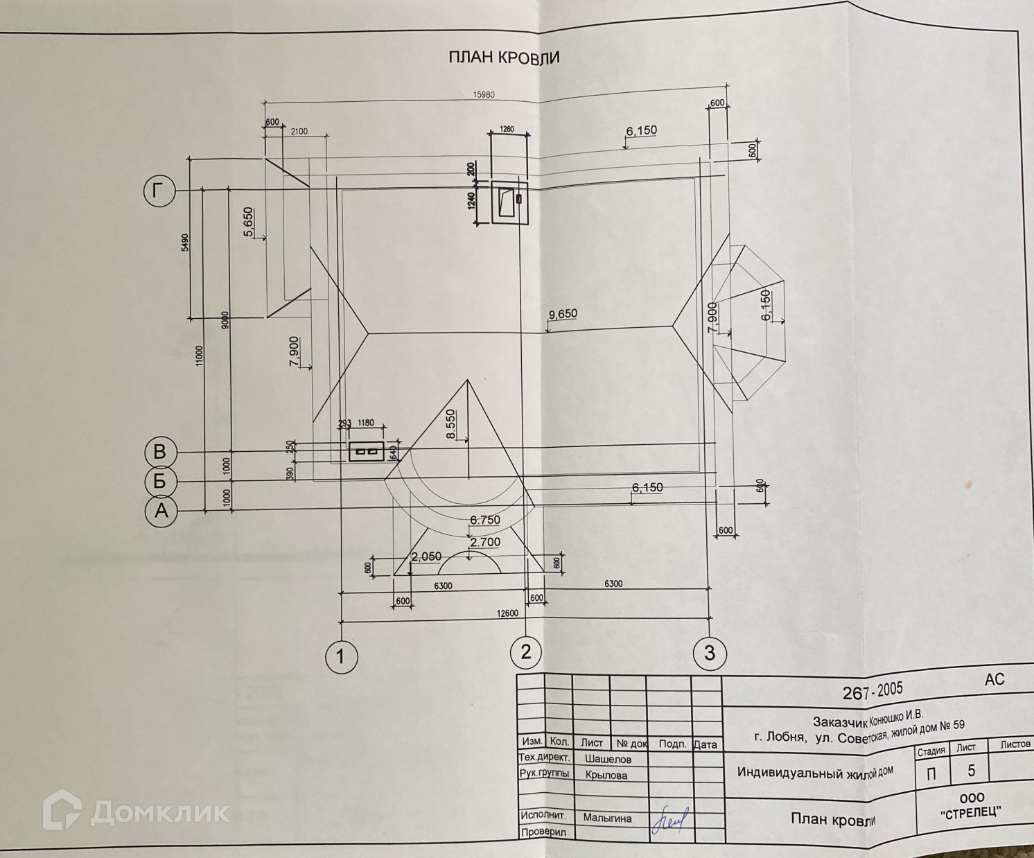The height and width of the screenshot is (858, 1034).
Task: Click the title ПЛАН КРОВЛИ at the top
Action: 504,58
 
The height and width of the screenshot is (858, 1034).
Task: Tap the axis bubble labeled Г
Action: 160,191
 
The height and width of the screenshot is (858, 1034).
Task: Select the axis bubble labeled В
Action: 160,452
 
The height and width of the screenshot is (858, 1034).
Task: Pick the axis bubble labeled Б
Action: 160,481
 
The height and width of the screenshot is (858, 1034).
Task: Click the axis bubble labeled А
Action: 161,511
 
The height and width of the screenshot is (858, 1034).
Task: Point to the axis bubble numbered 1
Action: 341,656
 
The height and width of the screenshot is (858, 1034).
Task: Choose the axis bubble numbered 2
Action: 526,652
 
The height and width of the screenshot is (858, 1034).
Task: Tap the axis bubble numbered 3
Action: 710,653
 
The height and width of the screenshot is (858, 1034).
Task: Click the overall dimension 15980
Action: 484,95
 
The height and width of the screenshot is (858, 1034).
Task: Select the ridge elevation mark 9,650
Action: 563,314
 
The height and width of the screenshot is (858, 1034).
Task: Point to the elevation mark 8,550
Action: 451,423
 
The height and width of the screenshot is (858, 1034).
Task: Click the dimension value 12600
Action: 507,613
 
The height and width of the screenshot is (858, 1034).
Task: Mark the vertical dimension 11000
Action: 200,356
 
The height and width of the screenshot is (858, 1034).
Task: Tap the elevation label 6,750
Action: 484,520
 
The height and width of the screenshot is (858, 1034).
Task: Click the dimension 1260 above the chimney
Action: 507,129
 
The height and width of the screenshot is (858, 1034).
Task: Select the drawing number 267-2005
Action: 873,690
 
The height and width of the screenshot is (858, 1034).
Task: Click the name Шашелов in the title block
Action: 608,759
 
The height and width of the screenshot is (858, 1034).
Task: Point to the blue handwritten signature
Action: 669,819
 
